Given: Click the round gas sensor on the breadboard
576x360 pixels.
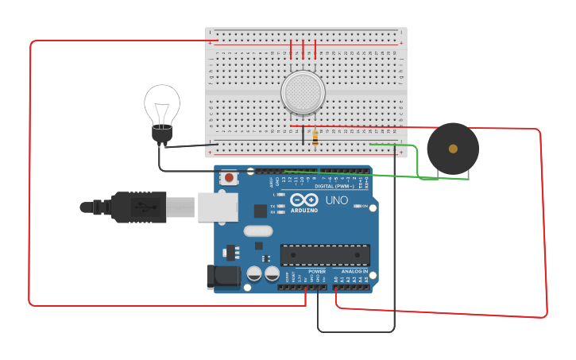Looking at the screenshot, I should (x=303, y=92).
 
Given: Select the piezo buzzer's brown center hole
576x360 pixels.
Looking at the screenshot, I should (x=453, y=149).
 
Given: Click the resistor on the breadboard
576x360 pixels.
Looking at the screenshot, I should (x=315, y=137).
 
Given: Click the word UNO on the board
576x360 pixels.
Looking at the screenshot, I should (x=337, y=200).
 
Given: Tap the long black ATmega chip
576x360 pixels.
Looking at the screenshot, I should (x=325, y=254).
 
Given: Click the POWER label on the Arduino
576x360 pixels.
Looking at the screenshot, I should (x=317, y=271).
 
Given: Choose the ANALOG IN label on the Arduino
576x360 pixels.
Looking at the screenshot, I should (x=355, y=271).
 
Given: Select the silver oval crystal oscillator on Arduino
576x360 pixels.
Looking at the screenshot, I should (x=258, y=231).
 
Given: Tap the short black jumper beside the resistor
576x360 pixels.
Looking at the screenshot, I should (x=302, y=136).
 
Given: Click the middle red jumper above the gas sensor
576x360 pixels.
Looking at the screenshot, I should (x=303, y=49).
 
